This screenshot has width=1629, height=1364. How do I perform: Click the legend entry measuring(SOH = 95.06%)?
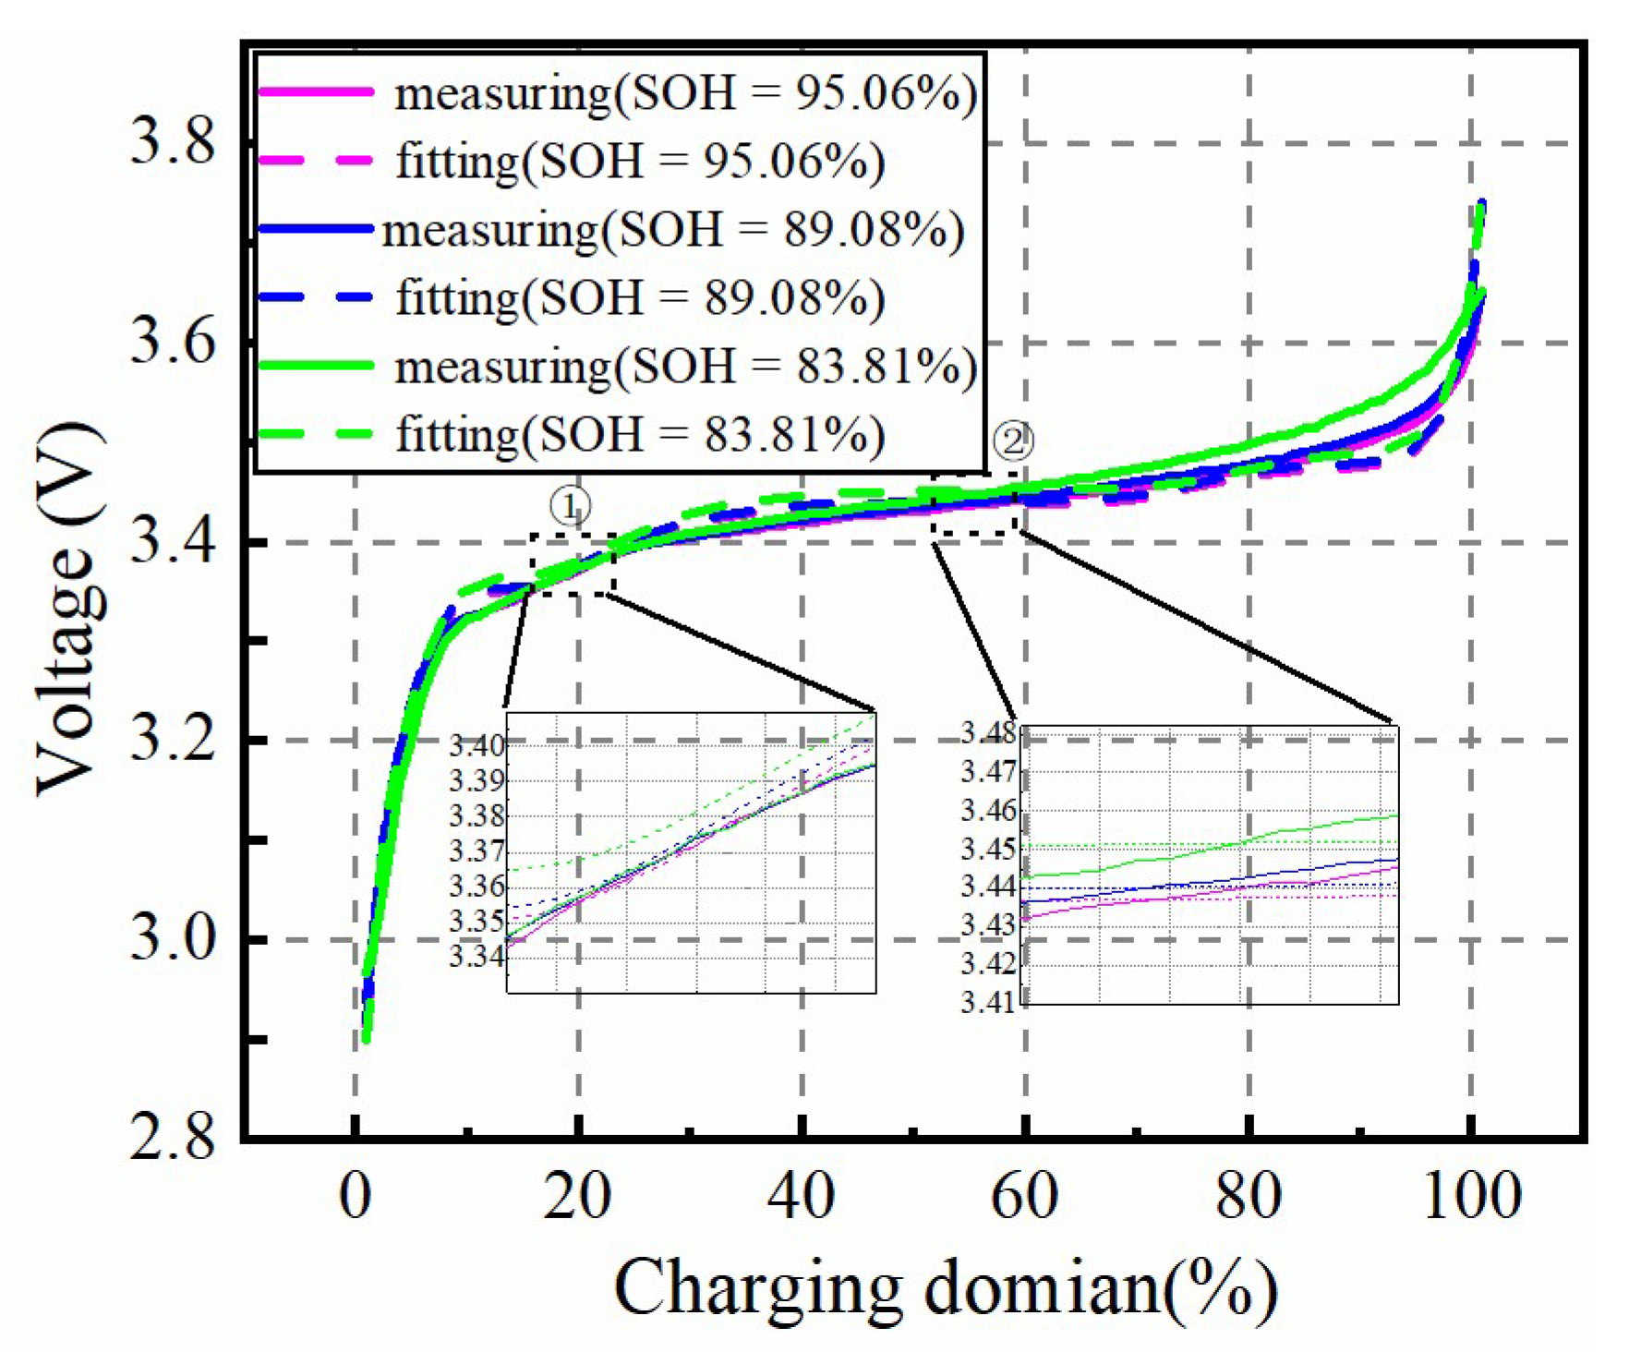[684, 93]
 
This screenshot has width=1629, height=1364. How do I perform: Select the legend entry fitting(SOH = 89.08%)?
[639, 298]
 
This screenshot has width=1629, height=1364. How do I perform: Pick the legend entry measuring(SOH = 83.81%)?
[684, 367]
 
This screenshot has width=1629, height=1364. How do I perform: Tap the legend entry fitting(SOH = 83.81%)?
[639, 434]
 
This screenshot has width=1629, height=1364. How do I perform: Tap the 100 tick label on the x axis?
[1471, 1197]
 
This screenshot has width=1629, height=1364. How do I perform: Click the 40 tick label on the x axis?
[802, 1197]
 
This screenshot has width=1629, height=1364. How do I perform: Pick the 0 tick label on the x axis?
[355, 1197]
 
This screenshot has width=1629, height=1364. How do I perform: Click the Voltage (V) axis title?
[69, 610]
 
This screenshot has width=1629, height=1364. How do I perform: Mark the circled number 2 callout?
[1013, 441]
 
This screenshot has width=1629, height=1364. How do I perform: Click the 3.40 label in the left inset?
[477, 745]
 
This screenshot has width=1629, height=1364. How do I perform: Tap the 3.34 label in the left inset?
[477, 956]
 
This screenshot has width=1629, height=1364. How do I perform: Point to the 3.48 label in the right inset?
[988, 732]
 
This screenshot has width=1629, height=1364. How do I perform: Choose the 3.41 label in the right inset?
[988, 1001]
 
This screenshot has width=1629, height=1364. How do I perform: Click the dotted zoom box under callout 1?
[573, 564]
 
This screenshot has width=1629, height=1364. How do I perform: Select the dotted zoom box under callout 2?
[974, 504]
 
